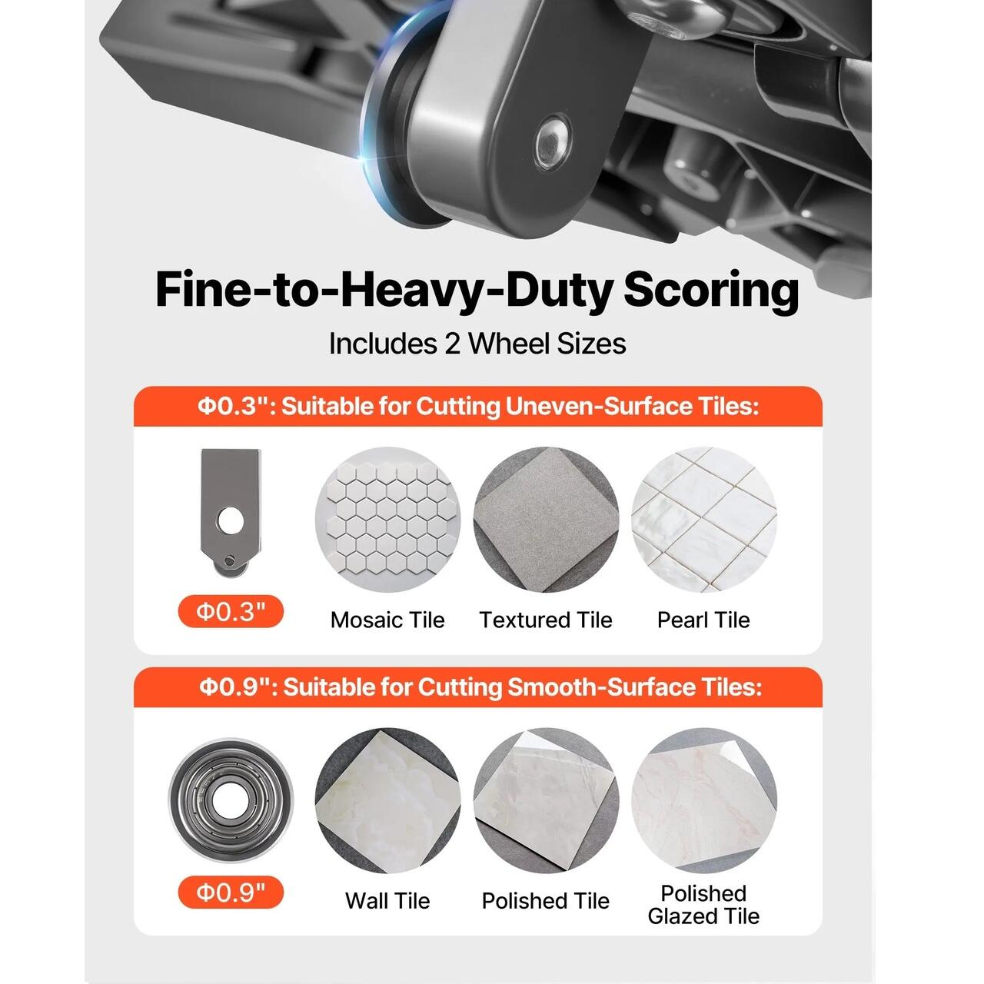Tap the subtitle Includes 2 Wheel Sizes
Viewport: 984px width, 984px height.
tap(477, 344)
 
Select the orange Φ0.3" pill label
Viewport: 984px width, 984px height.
tap(231, 611)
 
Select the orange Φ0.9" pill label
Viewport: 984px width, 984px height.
tap(231, 892)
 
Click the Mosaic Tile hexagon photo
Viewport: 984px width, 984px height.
tap(387, 520)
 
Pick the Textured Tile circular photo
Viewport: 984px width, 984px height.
tap(546, 520)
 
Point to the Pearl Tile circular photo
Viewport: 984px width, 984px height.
tap(704, 520)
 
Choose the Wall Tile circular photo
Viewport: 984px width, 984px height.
tap(387, 801)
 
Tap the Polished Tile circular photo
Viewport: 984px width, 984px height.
tap(546, 801)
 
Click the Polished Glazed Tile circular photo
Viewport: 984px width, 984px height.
tap(704, 801)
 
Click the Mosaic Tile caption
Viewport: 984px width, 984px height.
tap(387, 620)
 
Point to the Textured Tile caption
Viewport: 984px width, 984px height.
tap(546, 620)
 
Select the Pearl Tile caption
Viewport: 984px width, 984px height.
tap(703, 620)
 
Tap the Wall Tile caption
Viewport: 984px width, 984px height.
tap(387, 901)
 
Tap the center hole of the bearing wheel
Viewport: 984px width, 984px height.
tap(231, 800)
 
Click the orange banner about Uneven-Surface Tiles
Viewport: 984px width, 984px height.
tap(478, 407)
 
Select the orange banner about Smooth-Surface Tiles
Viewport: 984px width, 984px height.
tap(478, 687)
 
